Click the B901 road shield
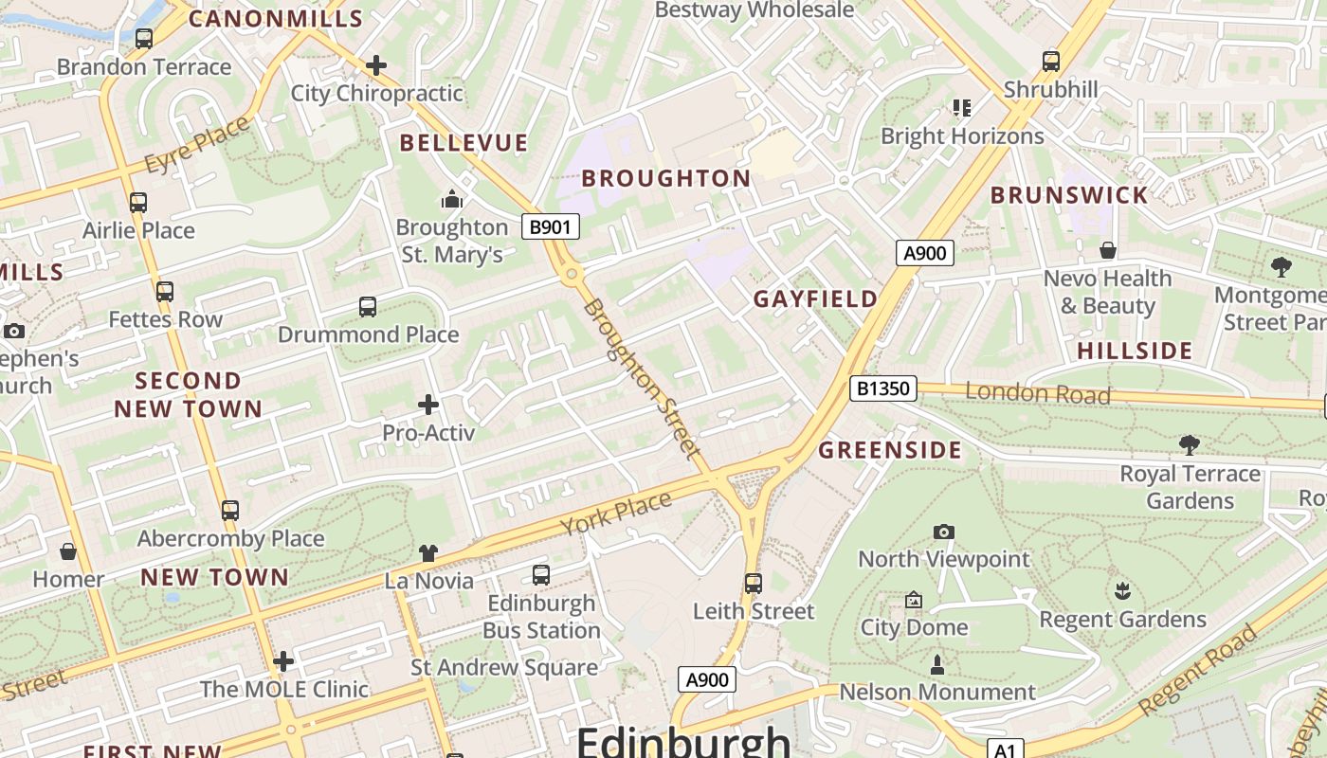[x=551, y=226]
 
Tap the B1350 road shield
[x=882, y=388]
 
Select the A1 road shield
[x=1005, y=750]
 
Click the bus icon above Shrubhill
[x=1051, y=62]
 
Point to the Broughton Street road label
[x=642, y=378]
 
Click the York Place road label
[x=615, y=513]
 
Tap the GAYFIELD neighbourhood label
[x=815, y=299]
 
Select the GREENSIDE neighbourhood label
[x=890, y=450]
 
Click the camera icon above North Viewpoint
[x=943, y=532]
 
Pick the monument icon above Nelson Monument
[x=937, y=664]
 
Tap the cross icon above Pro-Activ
[x=428, y=406]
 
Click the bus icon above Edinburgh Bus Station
[x=541, y=575]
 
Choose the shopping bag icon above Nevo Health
[x=1107, y=251]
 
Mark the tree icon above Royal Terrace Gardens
[x=1189, y=445]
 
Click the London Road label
[x=1037, y=393]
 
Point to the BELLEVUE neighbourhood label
[x=464, y=143]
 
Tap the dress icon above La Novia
[x=428, y=553]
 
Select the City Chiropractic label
[x=376, y=93]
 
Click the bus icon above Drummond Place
[x=368, y=307]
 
